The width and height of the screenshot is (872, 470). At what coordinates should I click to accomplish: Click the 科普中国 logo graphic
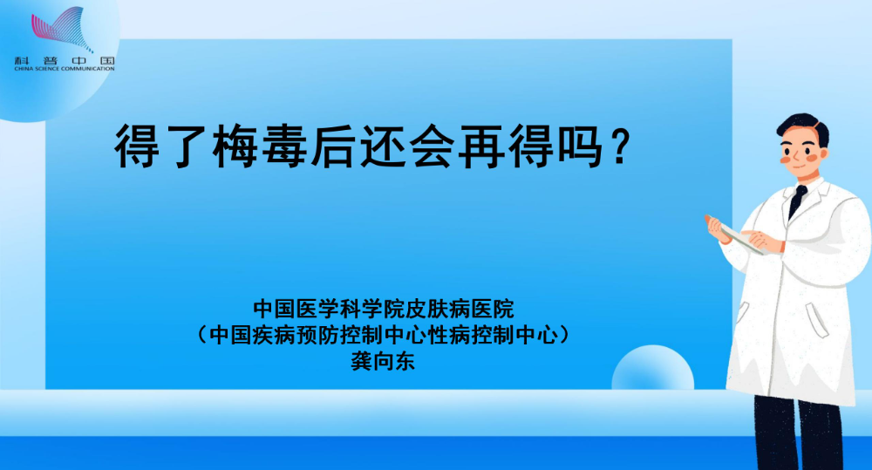tap(62, 29)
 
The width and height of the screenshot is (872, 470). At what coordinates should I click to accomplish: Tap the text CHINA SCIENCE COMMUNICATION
tap(65, 69)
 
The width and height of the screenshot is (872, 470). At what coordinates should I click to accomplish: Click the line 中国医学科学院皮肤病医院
tap(384, 308)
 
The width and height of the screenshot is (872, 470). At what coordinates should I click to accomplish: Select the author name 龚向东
tap(383, 362)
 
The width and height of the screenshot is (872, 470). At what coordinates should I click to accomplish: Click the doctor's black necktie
tap(797, 201)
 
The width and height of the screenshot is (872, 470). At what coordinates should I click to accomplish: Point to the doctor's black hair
tap(804, 126)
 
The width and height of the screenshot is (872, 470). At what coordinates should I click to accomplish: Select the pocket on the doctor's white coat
tap(817, 320)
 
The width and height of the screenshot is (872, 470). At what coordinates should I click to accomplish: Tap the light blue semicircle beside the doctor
tap(653, 368)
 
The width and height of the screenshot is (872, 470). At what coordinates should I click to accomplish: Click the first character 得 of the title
tap(138, 146)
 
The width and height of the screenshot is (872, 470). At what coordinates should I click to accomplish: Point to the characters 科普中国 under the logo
tap(65, 61)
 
